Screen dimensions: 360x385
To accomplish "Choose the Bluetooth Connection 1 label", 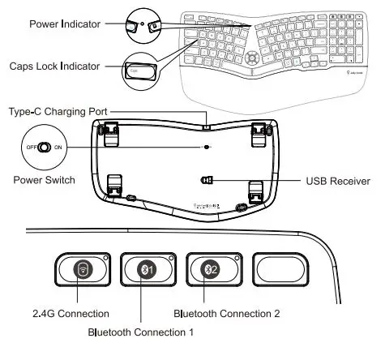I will coord(141,332).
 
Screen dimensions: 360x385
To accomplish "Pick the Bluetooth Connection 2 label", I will coord(228,312).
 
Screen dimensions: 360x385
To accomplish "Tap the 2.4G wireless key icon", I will coord(82,270).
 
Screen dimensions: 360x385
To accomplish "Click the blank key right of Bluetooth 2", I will coord(280,269).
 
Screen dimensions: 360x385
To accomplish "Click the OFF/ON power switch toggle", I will coord(45,148).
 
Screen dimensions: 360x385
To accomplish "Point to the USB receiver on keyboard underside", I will coord(207,181).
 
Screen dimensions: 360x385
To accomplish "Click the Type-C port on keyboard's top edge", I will coord(207,126).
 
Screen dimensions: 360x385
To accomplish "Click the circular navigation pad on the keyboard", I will coord(255,58).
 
